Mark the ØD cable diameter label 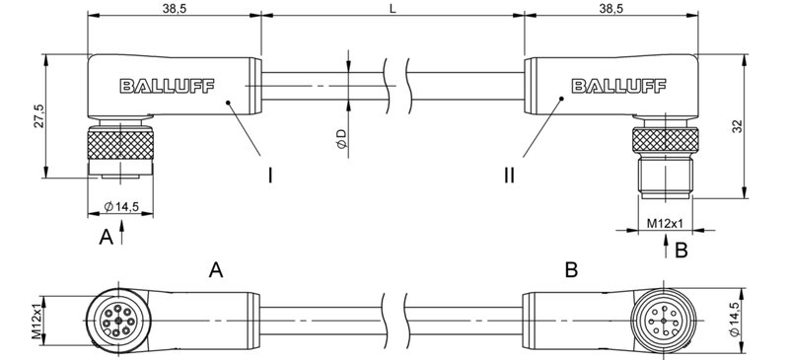340,139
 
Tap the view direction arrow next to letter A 121,234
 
